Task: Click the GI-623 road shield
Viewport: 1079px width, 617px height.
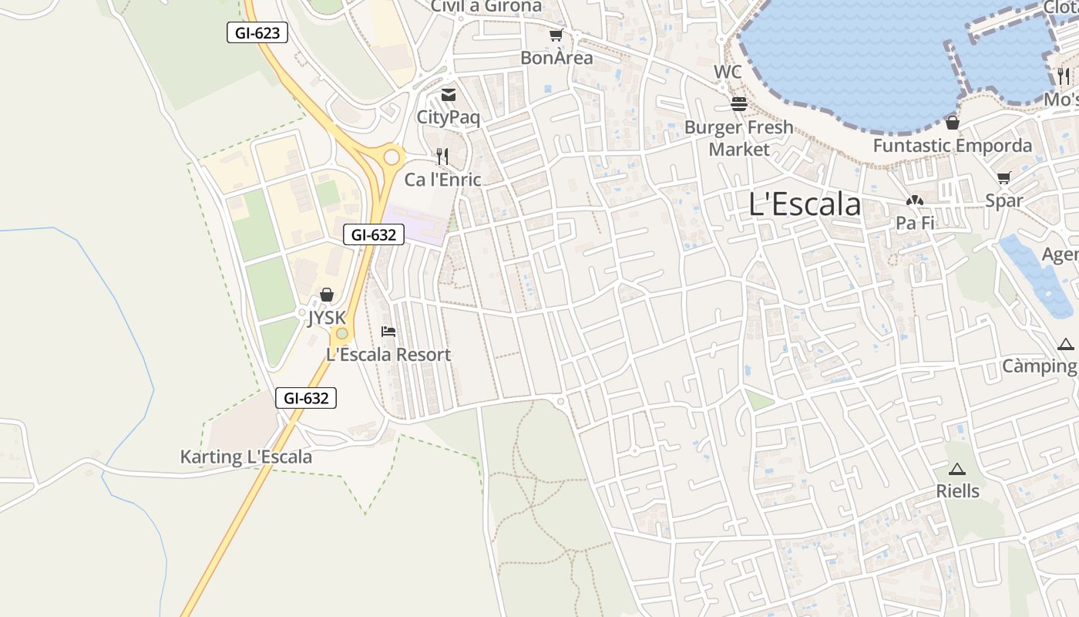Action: [x=257, y=32]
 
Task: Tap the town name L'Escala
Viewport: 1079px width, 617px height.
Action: [x=805, y=204]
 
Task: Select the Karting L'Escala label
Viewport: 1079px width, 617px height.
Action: [x=246, y=457]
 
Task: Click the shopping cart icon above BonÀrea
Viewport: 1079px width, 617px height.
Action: [x=556, y=35]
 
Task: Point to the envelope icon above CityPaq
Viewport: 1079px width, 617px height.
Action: [x=448, y=95]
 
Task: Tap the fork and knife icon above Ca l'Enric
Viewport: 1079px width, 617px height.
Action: [x=442, y=157]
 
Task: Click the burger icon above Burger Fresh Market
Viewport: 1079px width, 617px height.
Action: [x=739, y=103]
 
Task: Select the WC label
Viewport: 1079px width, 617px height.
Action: [x=728, y=72]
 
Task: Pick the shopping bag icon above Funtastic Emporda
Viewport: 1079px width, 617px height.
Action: [x=953, y=123]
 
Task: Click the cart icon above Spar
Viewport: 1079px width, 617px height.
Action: [x=1003, y=178]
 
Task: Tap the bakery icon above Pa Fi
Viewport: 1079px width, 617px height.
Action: [x=915, y=201]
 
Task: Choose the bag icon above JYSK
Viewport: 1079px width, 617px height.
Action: [x=327, y=295]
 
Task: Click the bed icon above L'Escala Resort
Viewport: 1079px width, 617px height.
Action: [x=388, y=332]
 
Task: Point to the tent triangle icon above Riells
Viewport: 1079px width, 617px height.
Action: [x=957, y=469]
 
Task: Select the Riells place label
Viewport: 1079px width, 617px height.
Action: [x=958, y=491]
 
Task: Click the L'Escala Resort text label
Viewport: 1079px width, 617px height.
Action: [x=388, y=355]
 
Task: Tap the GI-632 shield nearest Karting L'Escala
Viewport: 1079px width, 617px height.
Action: [x=306, y=398]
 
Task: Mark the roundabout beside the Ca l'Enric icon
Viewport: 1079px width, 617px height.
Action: [x=392, y=157]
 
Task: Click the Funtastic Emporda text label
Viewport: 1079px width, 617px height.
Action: [x=953, y=146]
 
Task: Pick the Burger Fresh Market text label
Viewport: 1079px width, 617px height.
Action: [x=739, y=138]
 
